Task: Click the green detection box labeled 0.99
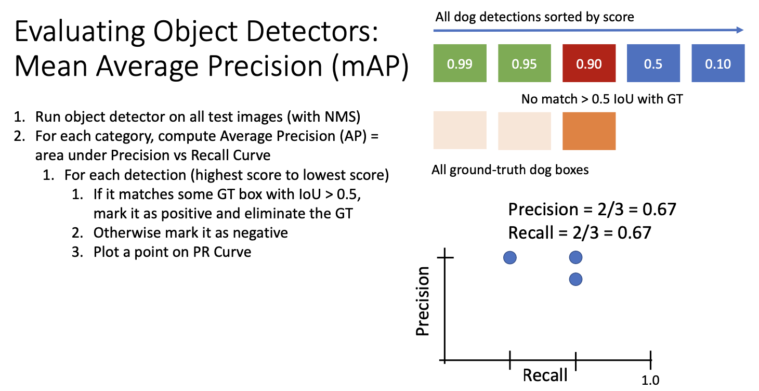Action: (x=460, y=63)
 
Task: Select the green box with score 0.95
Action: (x=524, y=63)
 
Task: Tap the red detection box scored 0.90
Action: (x=589, y=63)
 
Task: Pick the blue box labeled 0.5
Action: (x=653, y=63)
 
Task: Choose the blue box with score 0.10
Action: (x=718, y=63)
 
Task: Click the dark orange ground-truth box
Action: (x=589, y=131)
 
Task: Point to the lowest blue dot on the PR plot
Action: (x=575, y=279)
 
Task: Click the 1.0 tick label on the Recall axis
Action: (x=650, y=381)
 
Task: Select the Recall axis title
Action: (x=545, y=375)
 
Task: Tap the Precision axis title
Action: (x=423, y=301)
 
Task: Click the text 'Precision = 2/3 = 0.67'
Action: (x=592, y=209)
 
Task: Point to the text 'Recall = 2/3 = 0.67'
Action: (x=580, y=233)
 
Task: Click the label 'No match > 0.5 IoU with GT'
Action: (x=602, y=99)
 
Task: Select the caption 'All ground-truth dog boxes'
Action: (x=510, y=170)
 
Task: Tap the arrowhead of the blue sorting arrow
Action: (x=740, y=30)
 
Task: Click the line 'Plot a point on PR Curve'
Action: (x=172, y=252)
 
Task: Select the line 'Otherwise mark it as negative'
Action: (x=190, y=233)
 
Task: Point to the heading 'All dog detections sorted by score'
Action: (x=534, y=17)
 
